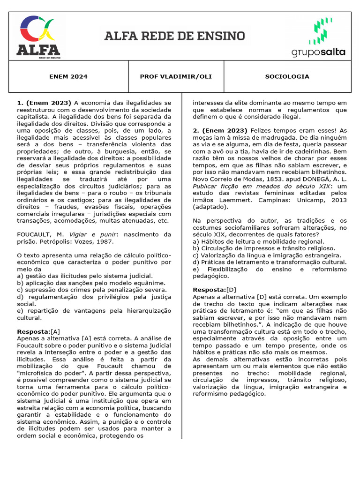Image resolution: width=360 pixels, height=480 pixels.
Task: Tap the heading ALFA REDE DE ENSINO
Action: (x=174, y=36)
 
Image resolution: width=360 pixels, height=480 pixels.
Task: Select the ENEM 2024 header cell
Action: (x=68, y=76)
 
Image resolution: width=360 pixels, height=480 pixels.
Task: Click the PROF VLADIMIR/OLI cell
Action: (x=176, y=76)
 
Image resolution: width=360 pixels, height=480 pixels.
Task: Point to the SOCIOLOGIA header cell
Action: (x=287, y=76)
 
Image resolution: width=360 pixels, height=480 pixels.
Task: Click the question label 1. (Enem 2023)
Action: (x=44, y=103)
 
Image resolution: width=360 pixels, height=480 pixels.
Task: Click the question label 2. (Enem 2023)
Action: (x=220, y=130)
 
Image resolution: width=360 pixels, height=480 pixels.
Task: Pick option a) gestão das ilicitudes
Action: (x=84, y=276)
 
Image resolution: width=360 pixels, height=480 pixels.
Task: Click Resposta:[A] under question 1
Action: (x=38, y=331)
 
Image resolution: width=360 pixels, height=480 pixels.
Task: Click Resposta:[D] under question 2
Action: (x=215, y=290)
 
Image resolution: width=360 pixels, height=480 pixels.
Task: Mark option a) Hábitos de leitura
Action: (x=256, y=241)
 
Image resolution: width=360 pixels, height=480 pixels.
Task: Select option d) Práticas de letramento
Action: (x=270, y=262)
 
